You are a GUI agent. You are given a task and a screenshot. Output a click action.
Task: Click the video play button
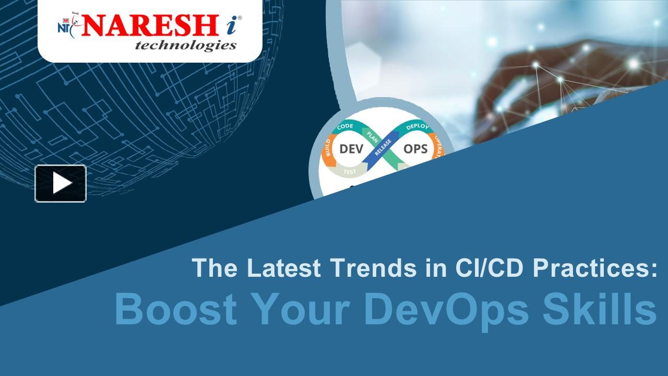tap(61, 183)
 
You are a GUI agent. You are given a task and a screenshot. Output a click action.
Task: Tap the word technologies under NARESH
tap(185, 46)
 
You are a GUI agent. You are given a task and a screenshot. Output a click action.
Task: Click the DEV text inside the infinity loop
tap(351, 149)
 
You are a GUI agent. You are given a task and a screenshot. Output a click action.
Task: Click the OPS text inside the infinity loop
tap(415, 149)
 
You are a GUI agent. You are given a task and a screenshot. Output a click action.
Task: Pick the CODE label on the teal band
tap(345, 127)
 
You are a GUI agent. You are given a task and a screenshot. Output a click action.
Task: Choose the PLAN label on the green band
tap(372, 135)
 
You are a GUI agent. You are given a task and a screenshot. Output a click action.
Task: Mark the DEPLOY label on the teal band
tap(417, 127)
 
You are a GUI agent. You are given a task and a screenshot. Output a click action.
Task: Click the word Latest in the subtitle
tap(284, 268)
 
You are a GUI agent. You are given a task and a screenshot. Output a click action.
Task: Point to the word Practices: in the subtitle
tap(594, 268)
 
